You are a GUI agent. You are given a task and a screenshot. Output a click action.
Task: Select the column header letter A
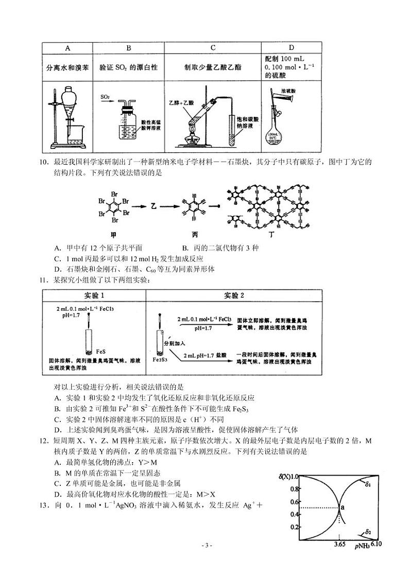(67, 48)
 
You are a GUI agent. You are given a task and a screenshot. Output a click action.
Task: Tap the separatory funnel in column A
(66, 102)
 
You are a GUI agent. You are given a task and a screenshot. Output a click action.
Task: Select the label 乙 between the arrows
(153, 206)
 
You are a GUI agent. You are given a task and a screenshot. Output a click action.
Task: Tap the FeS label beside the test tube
(101, 351)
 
